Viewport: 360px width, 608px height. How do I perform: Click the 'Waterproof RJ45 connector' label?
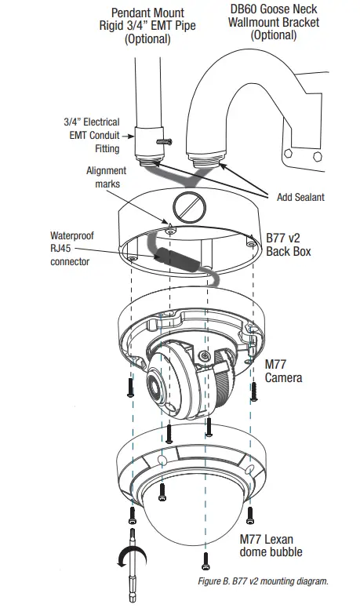coord(73,248)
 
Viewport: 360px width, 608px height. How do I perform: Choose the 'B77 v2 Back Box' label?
coord(288,244)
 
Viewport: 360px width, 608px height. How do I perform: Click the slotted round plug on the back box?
coord(189,207)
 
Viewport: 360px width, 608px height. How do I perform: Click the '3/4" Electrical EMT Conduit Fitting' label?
coord(91,133)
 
